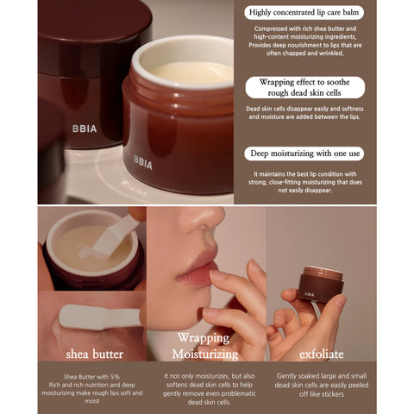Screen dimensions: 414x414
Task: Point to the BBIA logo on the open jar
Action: [x=142, y=161]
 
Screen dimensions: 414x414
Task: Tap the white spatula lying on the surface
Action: [x=99, y=316]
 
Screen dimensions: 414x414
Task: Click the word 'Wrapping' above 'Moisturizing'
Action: [x=204, y=338]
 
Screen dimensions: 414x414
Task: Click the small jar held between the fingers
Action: [x=320, y=284]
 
